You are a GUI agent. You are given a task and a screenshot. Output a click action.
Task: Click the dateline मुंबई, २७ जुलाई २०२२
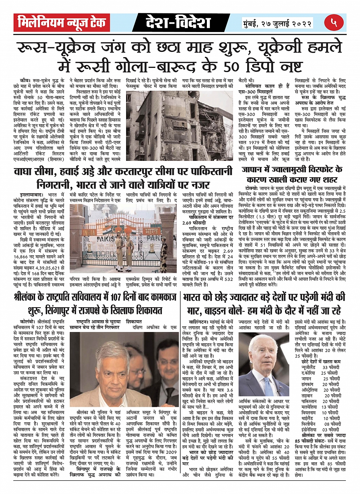click(x=278, y=23)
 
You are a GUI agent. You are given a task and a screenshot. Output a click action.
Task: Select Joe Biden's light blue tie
click(x=268, y=385)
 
